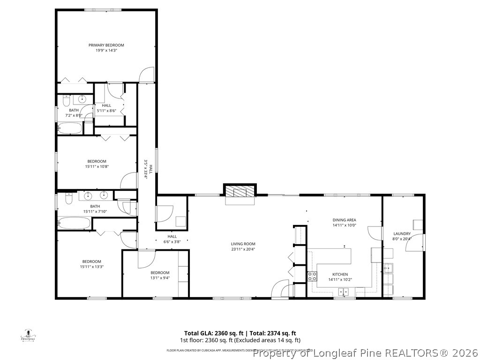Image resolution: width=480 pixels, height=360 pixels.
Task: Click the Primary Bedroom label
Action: pos(106,45)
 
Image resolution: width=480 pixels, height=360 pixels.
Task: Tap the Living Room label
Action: pos(243,244)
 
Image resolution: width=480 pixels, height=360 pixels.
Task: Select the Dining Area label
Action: pos(345,220)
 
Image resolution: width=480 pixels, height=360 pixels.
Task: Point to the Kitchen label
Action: pos(340,274)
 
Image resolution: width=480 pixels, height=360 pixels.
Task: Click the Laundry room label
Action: pos(402,234)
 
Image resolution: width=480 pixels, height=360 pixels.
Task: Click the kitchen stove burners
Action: pos(312,277)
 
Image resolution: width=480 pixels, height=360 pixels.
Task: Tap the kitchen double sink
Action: pos(343,292)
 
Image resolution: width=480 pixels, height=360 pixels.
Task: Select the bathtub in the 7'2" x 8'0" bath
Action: pos(69,128)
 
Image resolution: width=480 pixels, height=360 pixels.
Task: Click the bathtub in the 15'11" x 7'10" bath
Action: pos(74,223)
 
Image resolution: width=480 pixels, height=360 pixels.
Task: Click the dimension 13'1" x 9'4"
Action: pos(160,278)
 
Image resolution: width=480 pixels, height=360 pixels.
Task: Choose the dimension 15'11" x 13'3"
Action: pos(91,267)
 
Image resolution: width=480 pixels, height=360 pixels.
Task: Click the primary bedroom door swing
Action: pos(147,75)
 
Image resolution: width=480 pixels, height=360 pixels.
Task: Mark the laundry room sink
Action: pos(388,269)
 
